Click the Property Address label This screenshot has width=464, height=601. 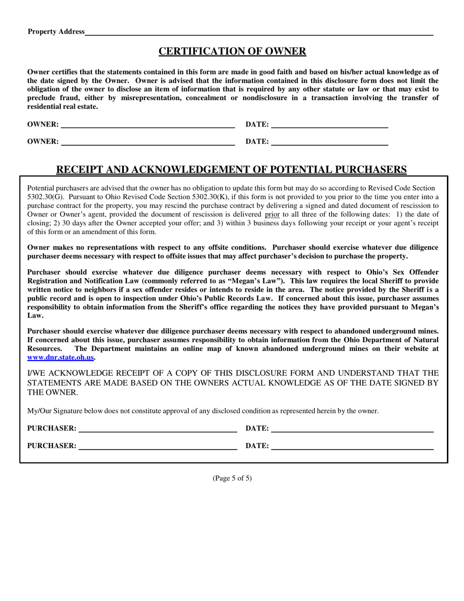(56, 32)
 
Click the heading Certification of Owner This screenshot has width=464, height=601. (232, 51)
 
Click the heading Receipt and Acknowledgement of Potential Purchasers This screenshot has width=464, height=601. (232, 170)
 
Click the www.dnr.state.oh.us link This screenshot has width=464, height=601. (61, 358)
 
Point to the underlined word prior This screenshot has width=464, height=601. (272, 215)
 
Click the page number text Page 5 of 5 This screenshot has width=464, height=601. (232, 478)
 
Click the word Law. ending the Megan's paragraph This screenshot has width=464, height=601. (35, 316)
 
